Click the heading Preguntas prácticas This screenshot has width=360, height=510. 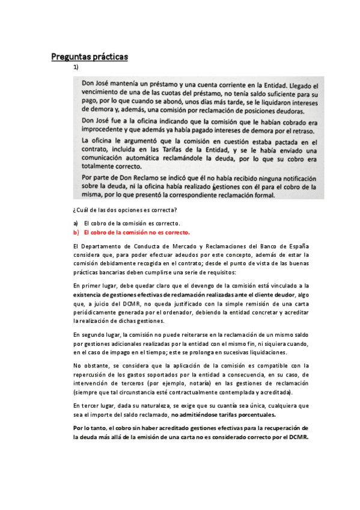click(90, 57)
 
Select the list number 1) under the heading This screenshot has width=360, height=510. click(76, 67)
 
